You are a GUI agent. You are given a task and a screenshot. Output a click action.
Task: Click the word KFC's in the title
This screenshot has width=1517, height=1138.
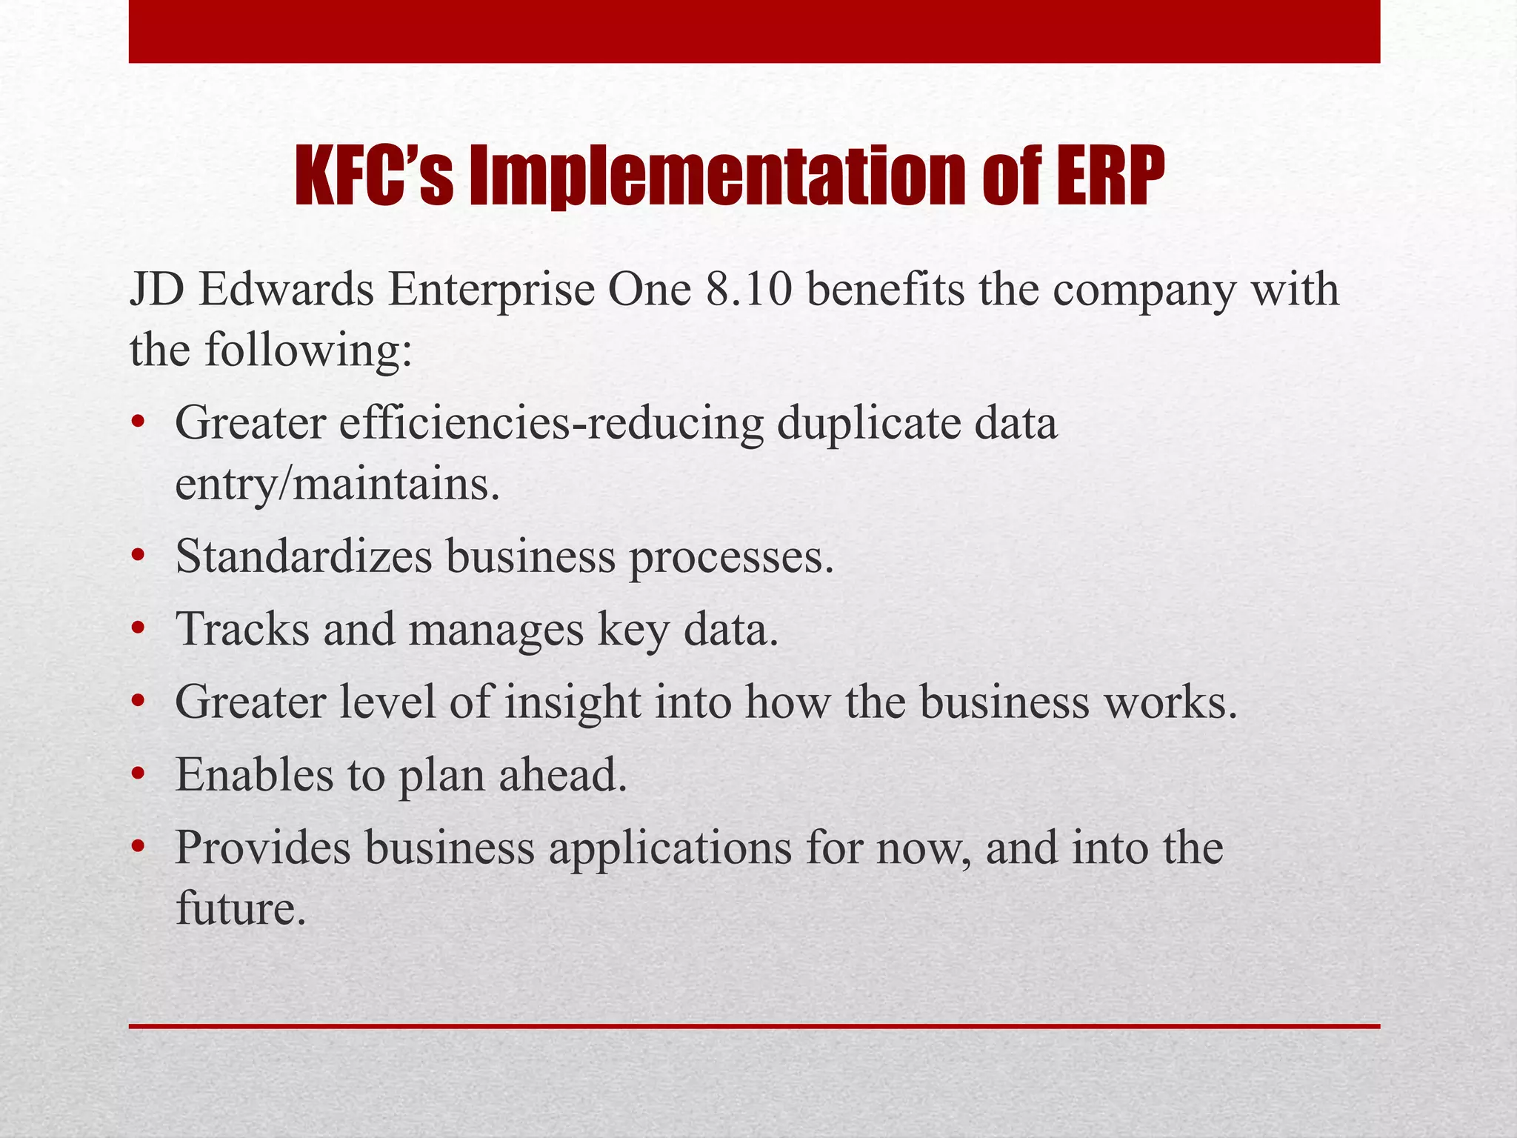[x=374, y=176]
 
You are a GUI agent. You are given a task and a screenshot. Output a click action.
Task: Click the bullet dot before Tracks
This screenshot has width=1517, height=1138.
[x=137, y=630]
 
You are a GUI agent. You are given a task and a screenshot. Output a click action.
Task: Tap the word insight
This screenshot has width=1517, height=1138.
[x=572, y=702]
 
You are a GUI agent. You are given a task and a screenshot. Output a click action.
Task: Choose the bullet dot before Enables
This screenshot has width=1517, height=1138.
[x=137, y=775]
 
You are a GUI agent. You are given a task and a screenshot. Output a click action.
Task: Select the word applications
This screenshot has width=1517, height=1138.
[x=670, y=848]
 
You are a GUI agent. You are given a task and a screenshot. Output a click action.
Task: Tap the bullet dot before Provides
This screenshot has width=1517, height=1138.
[x=137, y=848]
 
